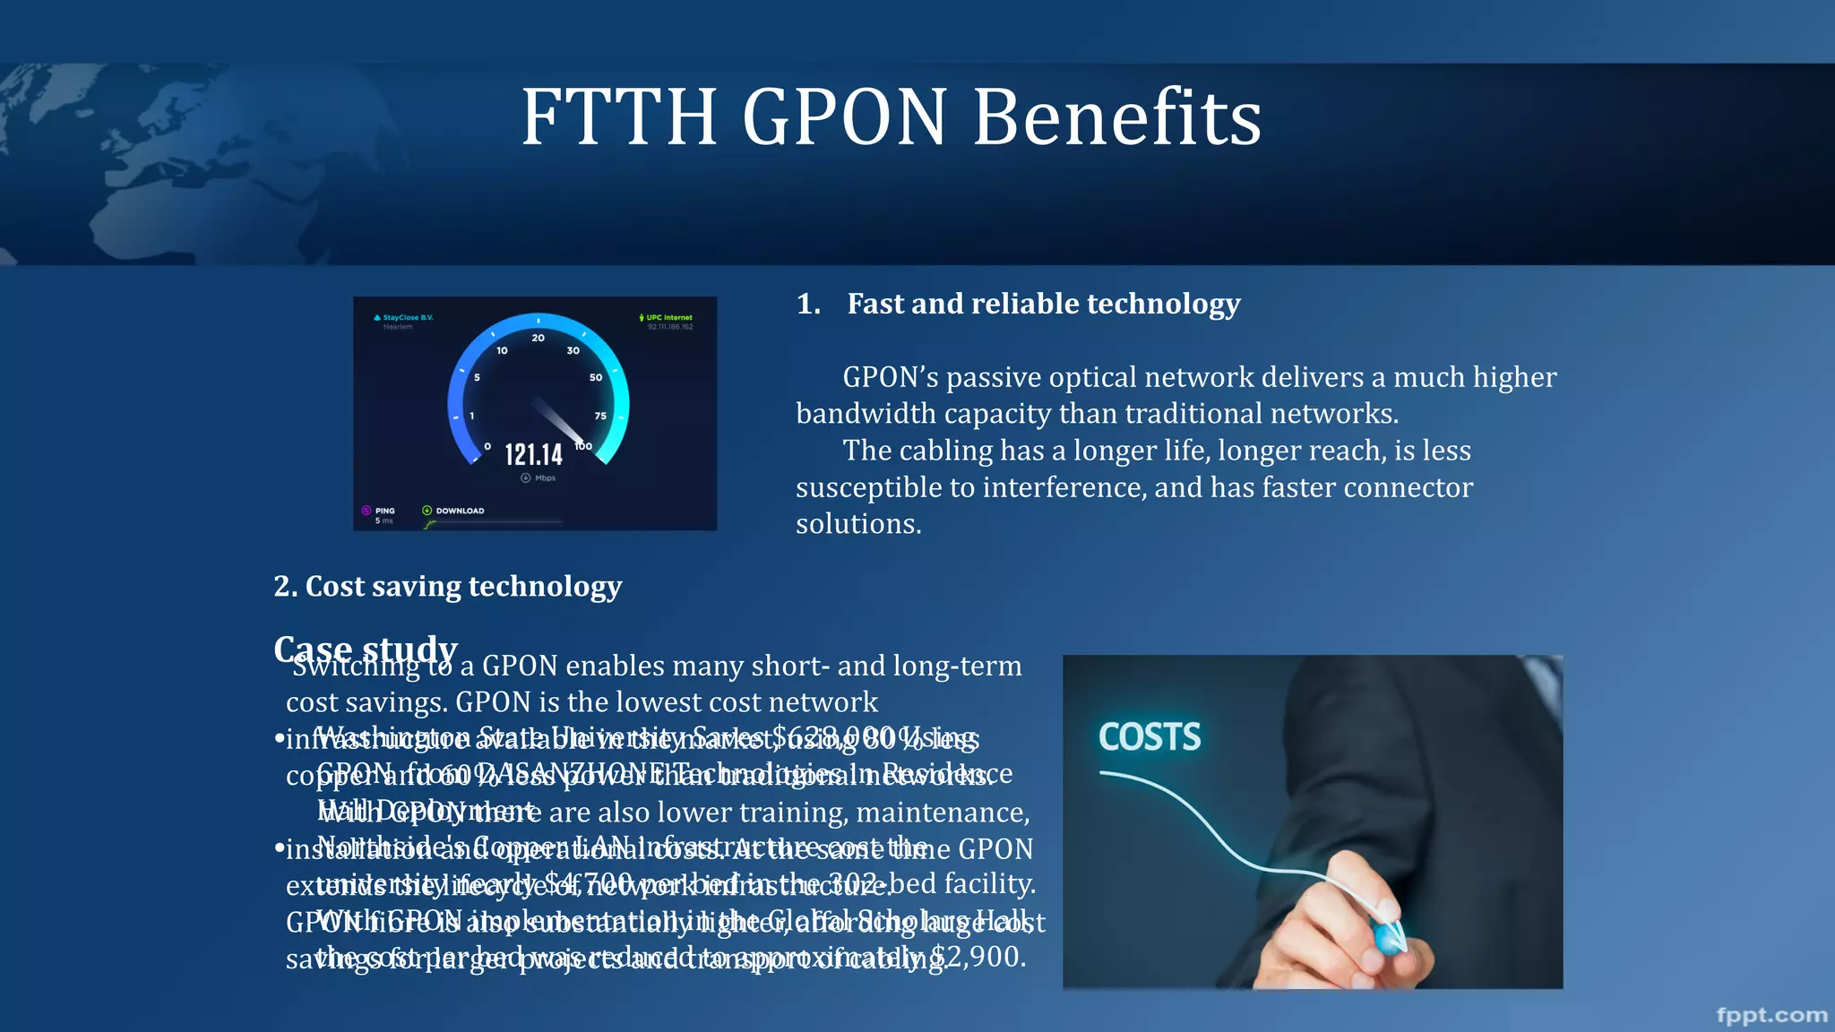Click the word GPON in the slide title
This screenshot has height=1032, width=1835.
click(844, 117)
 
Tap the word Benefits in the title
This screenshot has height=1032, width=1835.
click(1117, 117)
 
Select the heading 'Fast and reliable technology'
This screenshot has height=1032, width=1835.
click(1043, 304)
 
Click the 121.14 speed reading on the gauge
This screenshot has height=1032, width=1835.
click(533, 454)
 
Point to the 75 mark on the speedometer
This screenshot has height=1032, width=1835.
click(600, 416)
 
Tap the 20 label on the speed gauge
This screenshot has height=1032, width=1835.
click(538, 338)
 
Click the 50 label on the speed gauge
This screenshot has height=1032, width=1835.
click(596, 378)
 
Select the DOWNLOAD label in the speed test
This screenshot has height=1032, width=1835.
click(460, 511)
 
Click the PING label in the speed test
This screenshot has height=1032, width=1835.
click(385, 511)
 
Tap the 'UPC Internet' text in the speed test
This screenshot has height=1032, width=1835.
click(669, 317)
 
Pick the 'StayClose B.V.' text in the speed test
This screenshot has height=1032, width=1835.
click(408, 317)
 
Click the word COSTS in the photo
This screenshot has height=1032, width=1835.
click(1150, 737)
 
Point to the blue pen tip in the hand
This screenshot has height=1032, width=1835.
click(1389, 938)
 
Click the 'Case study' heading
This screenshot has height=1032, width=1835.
click(366, 647)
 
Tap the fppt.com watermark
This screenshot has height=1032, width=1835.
click(1771, 1015)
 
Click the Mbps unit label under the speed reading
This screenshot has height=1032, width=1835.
click(545, 478)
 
